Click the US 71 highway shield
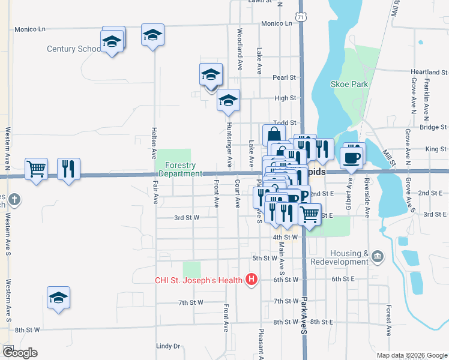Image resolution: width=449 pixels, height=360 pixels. (301, 17)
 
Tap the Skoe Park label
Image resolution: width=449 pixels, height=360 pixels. (349, 85)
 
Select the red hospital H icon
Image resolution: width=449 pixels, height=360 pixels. (252, 279)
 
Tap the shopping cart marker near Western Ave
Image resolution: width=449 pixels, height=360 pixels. (37, 168)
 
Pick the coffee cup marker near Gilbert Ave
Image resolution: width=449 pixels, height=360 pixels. (352, 157)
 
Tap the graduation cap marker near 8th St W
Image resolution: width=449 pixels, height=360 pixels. (58, 298)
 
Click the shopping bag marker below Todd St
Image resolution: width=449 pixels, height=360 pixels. (274, 135)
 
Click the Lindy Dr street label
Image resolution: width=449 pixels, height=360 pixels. (168, 346)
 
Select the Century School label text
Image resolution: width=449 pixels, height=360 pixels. (74, 49)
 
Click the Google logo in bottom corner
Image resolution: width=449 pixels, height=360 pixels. (19, 353)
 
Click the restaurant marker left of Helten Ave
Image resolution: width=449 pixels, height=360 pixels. (68, 169)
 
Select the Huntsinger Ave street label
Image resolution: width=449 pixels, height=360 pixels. (229, 145)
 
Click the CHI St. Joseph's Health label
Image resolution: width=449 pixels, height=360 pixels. (197, 280)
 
